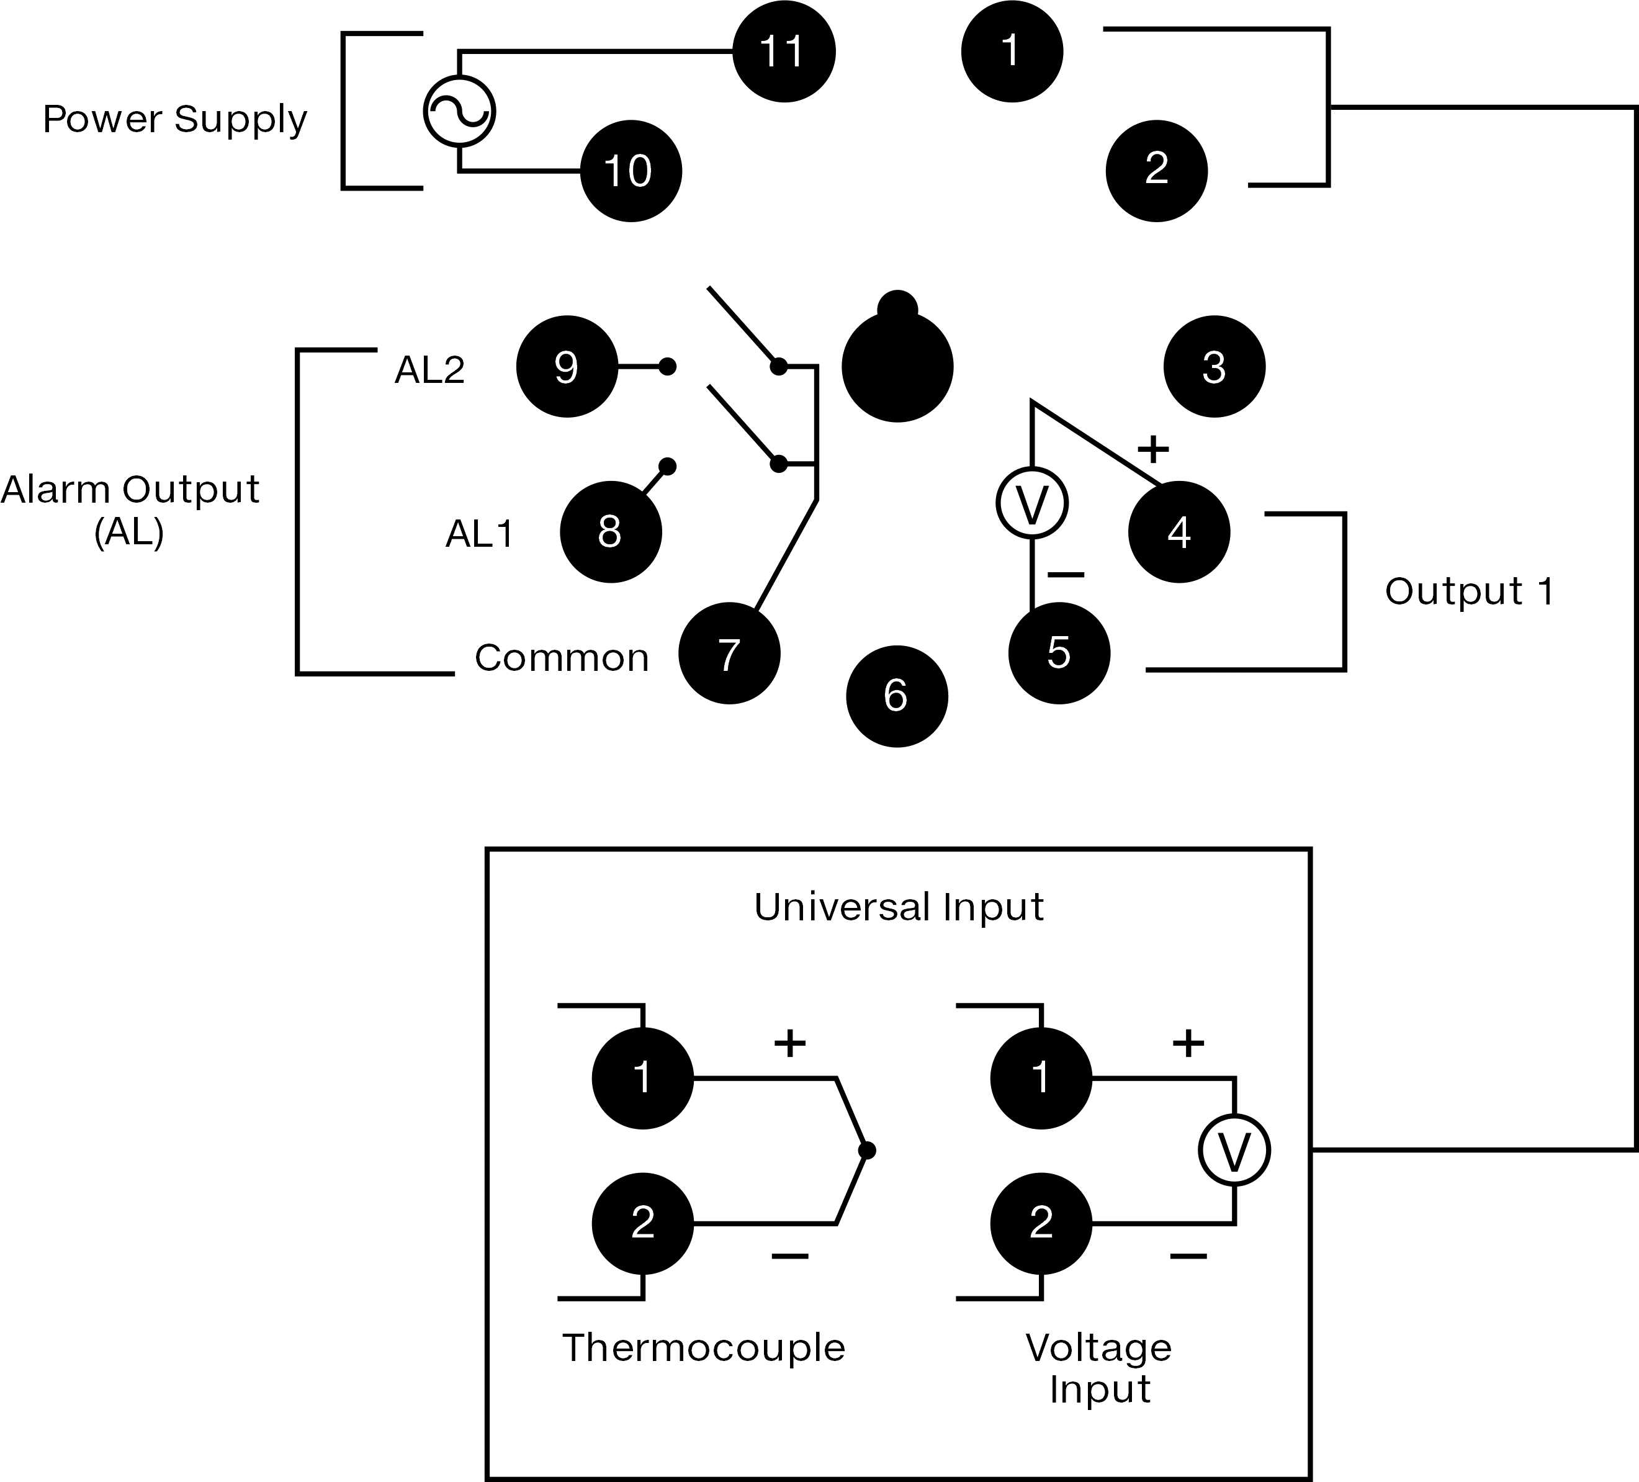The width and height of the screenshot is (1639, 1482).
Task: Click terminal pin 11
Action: point(784,52)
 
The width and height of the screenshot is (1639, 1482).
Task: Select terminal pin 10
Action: point(631,171)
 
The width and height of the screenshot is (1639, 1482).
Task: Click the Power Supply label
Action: point(175,120)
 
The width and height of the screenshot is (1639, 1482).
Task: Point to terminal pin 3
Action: point(1215,367)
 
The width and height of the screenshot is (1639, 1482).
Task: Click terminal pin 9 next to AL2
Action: point(567,367)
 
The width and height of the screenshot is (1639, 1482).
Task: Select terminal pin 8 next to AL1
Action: point(611,532)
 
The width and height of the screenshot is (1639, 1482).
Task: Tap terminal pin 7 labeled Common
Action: point(729,653)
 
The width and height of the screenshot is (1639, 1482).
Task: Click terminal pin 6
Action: point(897,696)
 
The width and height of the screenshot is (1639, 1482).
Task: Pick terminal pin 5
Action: point(1059,653)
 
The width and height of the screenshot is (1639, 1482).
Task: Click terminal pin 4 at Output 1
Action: point(1179,532)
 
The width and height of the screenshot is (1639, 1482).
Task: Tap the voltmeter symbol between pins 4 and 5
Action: point(1031,503)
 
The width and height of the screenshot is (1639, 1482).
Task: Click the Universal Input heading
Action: point(899,907)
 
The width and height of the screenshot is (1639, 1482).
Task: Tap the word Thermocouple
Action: point(704,1348)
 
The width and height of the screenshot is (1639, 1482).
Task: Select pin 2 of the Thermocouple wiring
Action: point(643,1223)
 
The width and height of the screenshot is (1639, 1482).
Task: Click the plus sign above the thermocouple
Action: point(789,1043)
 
